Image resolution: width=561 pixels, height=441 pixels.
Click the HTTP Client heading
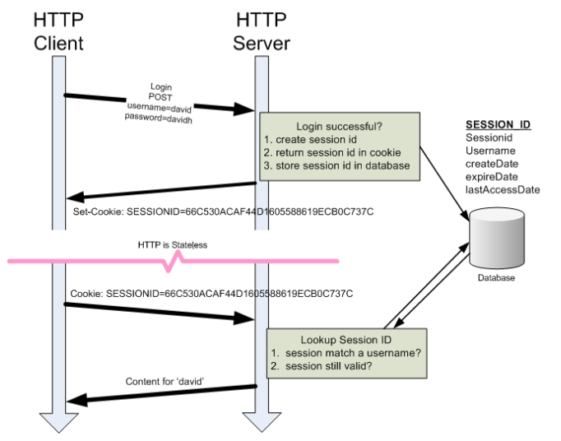pos(58,30)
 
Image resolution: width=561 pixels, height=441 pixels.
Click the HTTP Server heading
pos(262,30)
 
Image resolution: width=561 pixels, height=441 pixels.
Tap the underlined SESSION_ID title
pos(498,124)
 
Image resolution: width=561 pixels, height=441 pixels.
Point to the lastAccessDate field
pos(503,189)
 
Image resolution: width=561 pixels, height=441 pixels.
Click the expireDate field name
pos(492,176)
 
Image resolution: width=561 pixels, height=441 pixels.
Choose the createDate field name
pos(493,164)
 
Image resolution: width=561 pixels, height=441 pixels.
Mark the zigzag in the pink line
pos(175,261)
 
